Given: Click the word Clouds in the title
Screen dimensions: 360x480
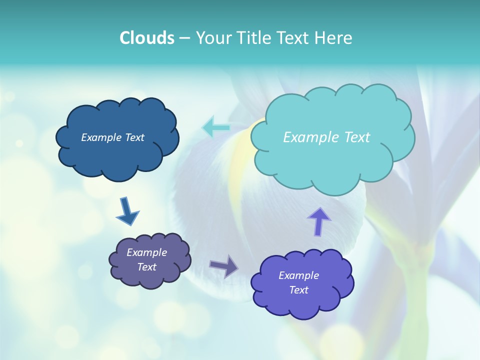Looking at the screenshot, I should [146, 38].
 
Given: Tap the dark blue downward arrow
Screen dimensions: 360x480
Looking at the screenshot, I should [127, 212].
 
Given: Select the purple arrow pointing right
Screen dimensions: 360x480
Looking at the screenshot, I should [224, 266].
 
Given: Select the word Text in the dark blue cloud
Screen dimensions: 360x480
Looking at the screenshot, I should [134, 137].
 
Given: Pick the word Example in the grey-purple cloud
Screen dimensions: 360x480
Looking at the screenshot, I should [146, 252].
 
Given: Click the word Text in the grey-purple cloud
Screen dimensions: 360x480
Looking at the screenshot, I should [146, 267].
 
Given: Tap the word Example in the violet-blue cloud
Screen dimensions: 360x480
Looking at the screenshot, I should [298, 275].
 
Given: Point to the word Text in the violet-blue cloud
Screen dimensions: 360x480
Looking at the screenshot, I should [298, 290].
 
